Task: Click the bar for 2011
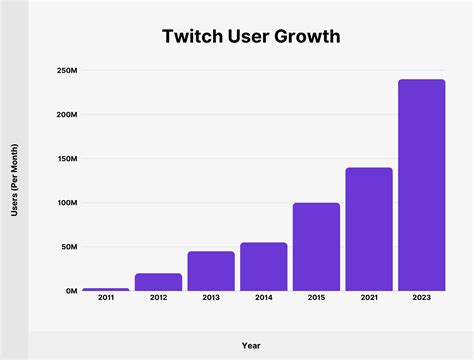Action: pos(106,289)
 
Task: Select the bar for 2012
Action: pos(158,282)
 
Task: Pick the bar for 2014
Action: pos(263,267)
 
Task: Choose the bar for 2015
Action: pos(316,247)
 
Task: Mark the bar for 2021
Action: pos(369,229)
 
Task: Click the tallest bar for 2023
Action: pos(421,185)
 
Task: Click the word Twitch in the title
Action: pos(191,37)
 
